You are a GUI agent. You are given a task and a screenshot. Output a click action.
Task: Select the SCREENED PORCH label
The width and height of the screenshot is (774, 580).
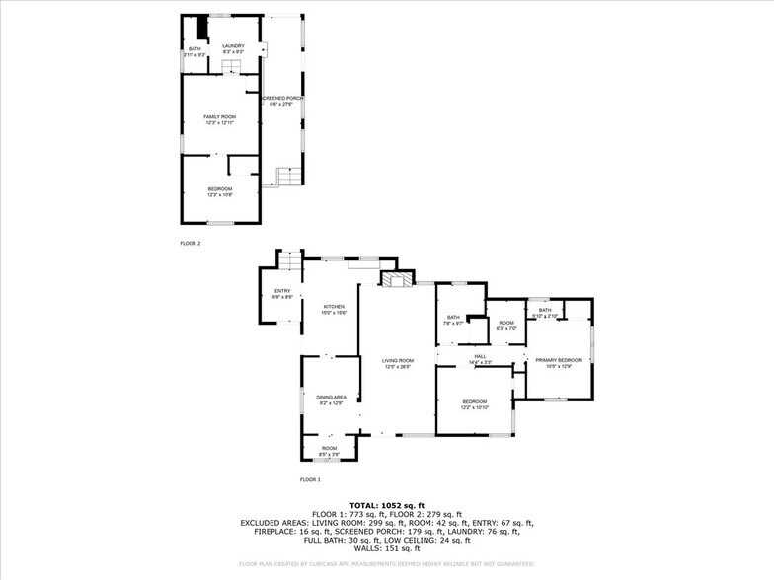coord(281,101)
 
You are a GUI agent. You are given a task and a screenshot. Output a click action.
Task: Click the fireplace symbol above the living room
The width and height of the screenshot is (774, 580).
coord(397,281)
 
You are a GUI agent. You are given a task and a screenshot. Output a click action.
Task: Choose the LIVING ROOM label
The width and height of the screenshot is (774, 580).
coord(397,363)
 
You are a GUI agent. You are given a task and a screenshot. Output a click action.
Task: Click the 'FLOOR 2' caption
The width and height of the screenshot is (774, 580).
coord(191,243)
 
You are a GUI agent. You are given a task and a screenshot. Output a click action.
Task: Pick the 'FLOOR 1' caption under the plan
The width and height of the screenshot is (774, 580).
coord(310,479)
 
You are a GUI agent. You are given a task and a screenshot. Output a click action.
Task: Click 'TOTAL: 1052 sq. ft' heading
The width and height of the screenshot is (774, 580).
coord(386,505)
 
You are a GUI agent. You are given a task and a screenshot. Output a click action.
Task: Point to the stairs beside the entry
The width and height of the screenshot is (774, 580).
coord(288,263)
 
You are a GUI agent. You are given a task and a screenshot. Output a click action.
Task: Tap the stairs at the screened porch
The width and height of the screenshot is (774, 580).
coord(287,177)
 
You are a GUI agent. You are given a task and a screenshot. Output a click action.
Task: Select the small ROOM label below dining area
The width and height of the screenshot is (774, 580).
coord(329,450)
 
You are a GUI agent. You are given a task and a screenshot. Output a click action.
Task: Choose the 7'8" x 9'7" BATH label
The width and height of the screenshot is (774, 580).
coord(452,320)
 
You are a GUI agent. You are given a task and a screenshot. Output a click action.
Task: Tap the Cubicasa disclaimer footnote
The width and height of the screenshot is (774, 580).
coord(386,564)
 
